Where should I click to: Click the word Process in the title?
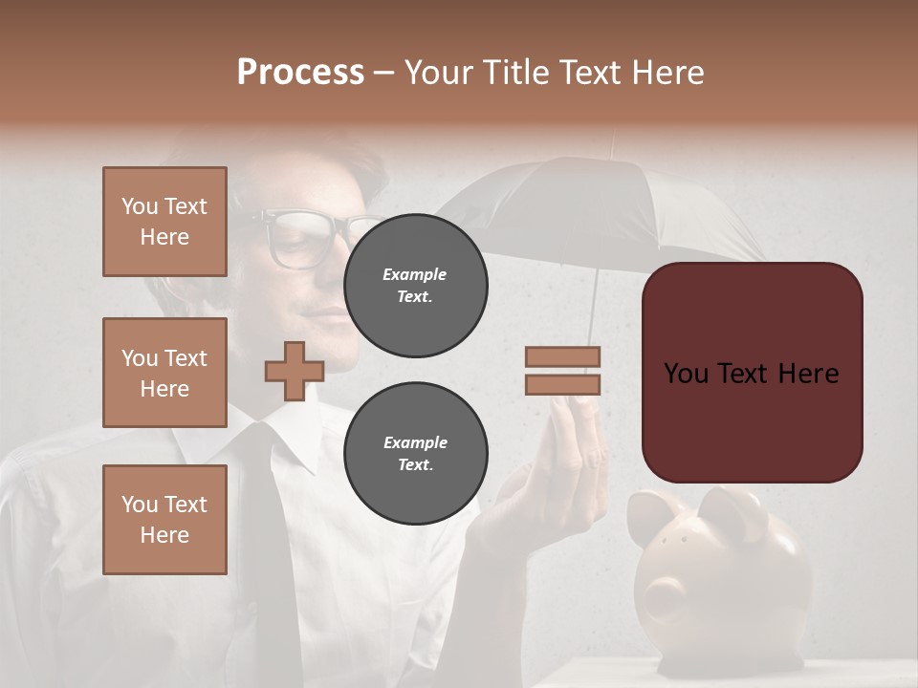[300, 73]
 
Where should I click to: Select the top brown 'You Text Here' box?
[164, 222]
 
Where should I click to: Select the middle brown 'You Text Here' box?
[164, 373]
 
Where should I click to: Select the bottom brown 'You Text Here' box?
[164, 519]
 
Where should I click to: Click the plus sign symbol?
[295, 371]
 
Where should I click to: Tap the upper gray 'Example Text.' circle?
[415, 285]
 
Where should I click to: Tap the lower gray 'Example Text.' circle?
[415, 453]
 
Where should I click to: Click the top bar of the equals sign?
[562, 357]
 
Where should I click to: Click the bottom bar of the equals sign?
[562, 384]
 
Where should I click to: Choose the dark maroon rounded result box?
[752, 373]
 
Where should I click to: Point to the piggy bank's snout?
[660, 602]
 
